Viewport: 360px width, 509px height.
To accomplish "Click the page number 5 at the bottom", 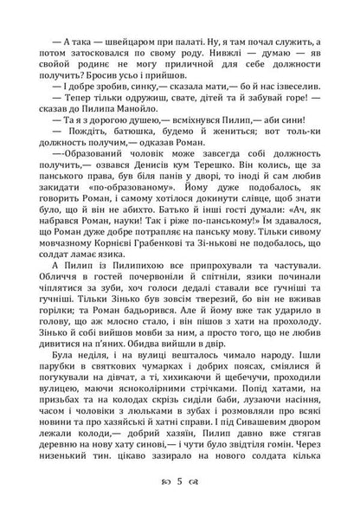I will point(180,496).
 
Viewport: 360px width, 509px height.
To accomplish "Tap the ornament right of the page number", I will point(196,496).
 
